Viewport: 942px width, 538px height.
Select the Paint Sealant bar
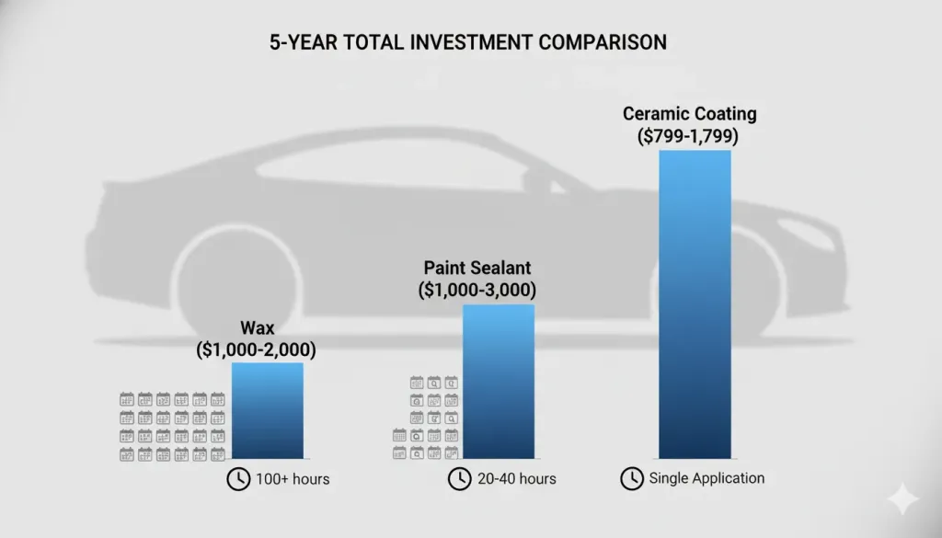pos(498,382)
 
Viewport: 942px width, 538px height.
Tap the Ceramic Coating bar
pos(695,303)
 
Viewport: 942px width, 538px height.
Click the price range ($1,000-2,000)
pos(257,349)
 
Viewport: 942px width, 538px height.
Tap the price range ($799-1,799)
pos(689,136)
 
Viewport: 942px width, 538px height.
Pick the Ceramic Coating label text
pos(689,114)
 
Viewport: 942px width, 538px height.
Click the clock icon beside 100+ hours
pos(237,479)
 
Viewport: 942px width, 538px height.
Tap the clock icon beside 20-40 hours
pos(459,479)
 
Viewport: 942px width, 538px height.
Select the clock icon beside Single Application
pos(631,478)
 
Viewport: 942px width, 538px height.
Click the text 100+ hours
pos(293,479)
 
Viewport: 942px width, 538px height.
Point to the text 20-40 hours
pos(516,479)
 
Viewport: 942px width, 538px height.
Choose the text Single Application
pos(706,478)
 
